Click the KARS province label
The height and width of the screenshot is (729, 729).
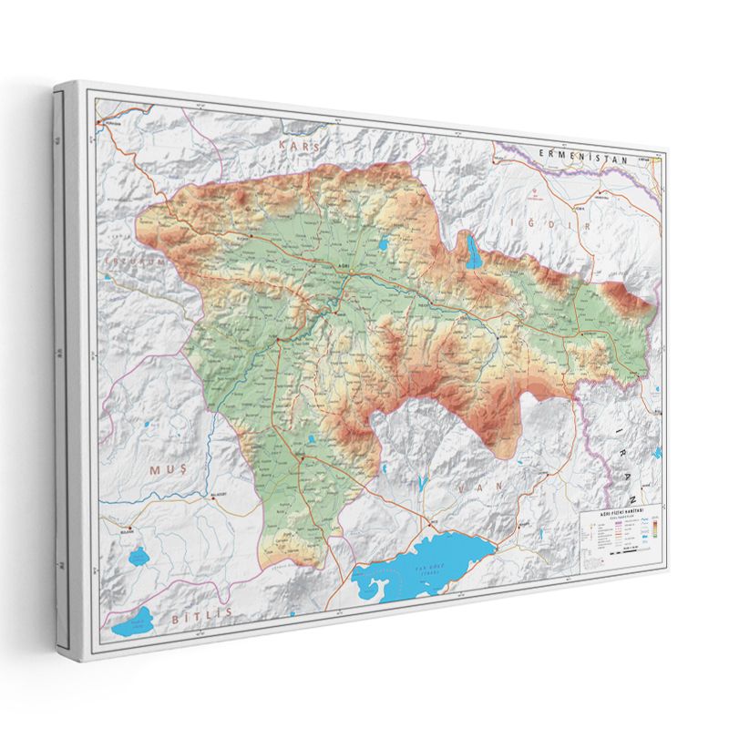pos(301,145)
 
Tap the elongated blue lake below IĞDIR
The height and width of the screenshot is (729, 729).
pos(473,251)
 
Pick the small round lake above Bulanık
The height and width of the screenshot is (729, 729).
pos(139,554)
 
